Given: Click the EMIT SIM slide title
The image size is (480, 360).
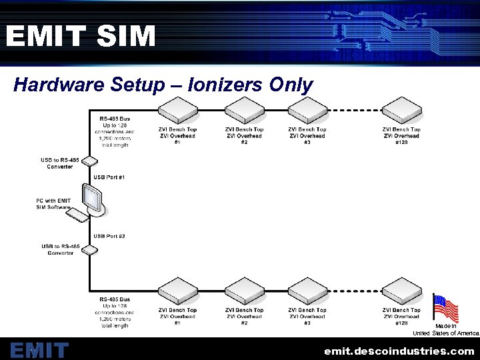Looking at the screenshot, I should pyautogui.click(x=81, y=36).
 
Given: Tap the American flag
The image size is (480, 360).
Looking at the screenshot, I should pyautogui.click(x=445, y=309).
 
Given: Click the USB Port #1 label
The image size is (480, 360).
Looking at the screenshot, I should pyautogui.click(x=109, y=177).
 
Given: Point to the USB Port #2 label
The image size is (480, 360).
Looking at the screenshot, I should pyautogui.click(x=109, y=236).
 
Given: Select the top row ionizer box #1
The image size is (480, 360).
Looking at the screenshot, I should pyautogui.click(x=177, y=111).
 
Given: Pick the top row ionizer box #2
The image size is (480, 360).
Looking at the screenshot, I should pyautogui.click(x=244, y=111).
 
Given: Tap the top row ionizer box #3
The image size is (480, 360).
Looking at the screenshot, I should pyautogui.click(x=307, y=111).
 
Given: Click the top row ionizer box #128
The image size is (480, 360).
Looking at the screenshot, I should pyautogui.click(x=401, y=111).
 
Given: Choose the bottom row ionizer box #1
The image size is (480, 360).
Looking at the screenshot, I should pyautogui.click(x=177, y=291).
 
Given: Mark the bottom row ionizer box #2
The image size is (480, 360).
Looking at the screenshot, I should pyautogui.click(x=244, y=291).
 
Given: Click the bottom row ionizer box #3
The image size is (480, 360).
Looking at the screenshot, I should pyautogui.click(x=307, y=291).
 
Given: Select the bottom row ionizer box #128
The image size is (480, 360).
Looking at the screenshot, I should pyautogui.click(x=401, y=291).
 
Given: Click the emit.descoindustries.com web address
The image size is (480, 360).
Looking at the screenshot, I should pyautogui.click(x=399, y=351).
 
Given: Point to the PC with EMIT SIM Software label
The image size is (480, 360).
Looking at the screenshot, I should pyautogui.click(x=53, y=203).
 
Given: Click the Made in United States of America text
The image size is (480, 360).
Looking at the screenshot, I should pyautogui.click(x=445, y=329).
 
